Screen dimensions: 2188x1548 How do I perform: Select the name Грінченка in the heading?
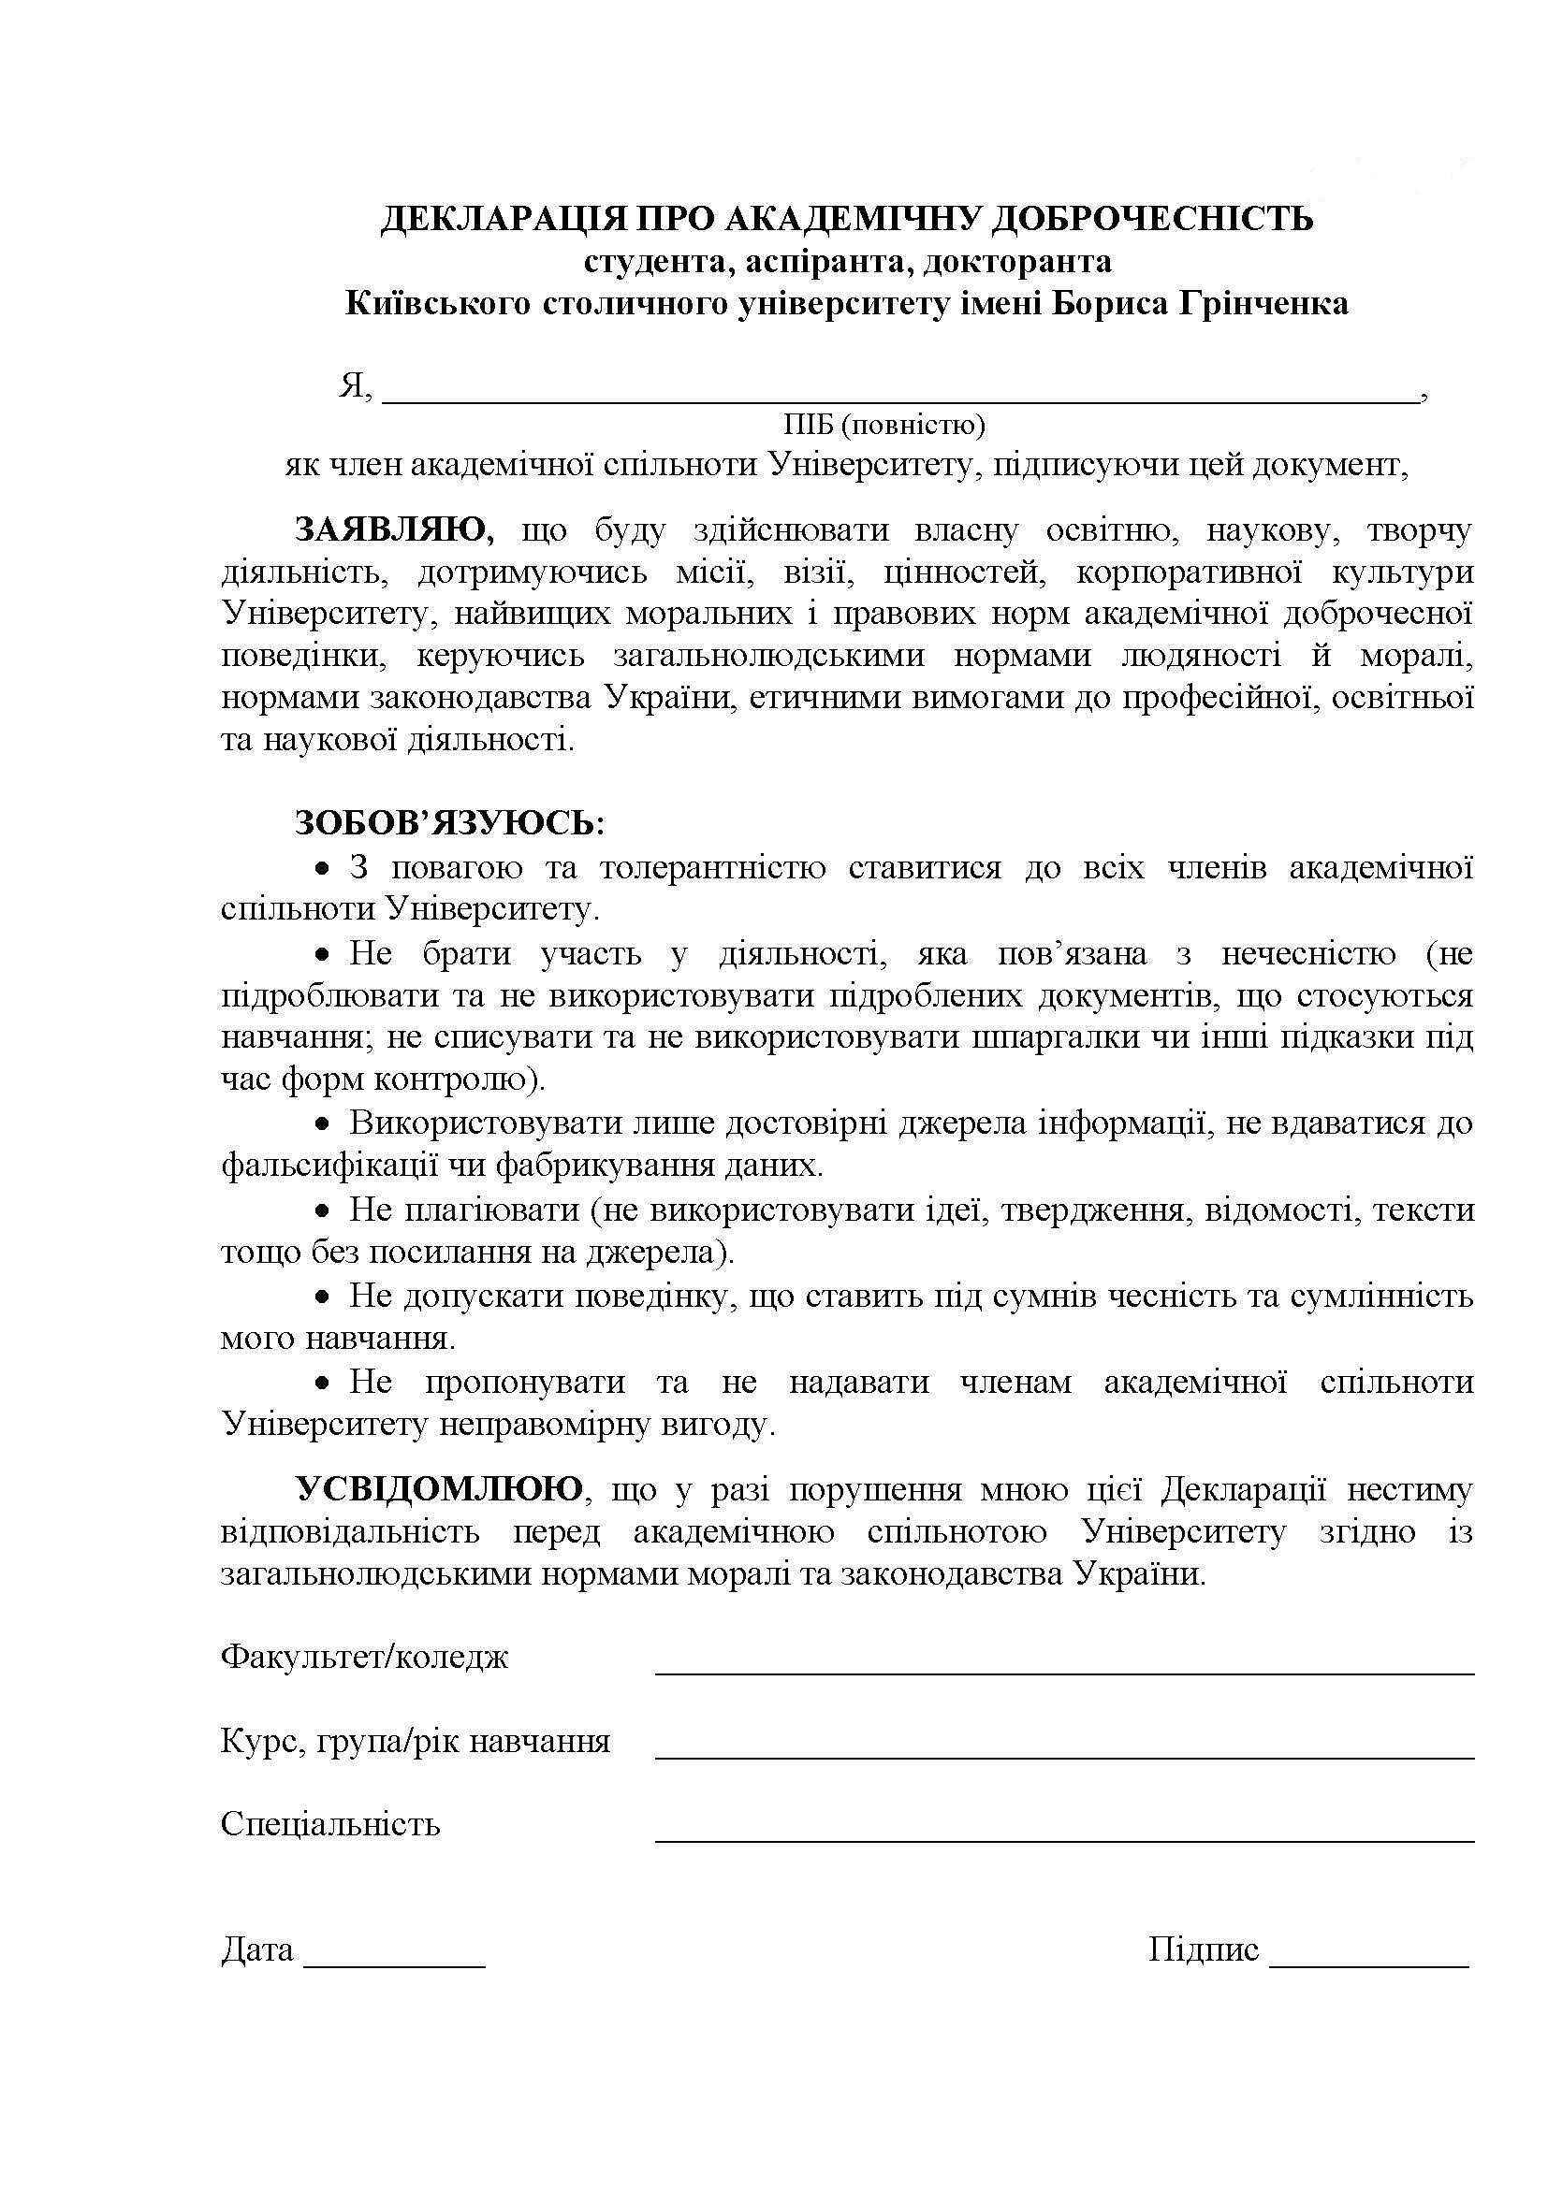click(1263, 304)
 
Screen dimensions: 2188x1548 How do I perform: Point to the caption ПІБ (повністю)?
click(884, 423)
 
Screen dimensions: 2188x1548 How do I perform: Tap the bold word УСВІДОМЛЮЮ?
click(438, 1488)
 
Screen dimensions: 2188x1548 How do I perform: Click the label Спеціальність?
click(329, 1824)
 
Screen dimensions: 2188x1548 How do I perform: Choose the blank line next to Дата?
click(394, 1965)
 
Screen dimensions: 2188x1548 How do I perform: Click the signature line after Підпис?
click(1369, 1965)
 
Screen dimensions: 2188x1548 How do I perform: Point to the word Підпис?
click(1203, 1950)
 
